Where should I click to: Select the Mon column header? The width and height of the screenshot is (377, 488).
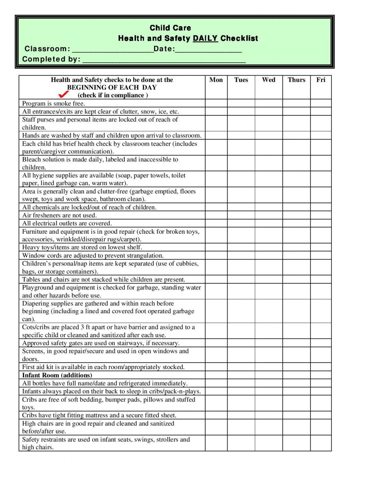coord(216,80)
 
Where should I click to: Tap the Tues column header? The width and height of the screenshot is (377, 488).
coord(241,80)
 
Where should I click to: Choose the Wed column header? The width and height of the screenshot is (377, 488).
coord(269,80)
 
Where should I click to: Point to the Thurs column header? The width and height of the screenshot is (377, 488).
coord(296,80)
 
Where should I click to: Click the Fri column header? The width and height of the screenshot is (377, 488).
coord(321,80)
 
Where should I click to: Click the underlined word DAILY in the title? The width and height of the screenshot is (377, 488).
coord(205,38)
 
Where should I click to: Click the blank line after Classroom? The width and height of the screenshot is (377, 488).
coord(113,50)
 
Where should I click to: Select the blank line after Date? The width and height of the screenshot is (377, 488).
coord(209,50)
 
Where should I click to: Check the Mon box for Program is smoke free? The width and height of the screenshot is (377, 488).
coord(216,103)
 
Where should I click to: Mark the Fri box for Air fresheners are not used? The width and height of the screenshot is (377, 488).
coord(321,215)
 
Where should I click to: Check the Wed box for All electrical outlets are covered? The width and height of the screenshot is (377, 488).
coord(269,223)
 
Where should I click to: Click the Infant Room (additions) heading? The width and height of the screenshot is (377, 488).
coord(57,375)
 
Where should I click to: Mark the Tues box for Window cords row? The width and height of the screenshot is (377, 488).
coord(241,255)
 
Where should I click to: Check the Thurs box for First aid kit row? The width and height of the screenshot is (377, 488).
coord(296,367)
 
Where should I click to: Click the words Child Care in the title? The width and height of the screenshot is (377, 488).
coord(170,28)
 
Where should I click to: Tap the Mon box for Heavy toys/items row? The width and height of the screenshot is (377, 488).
coord(216,247)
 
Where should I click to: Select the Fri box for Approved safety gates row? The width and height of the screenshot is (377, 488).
coord(321,343)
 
